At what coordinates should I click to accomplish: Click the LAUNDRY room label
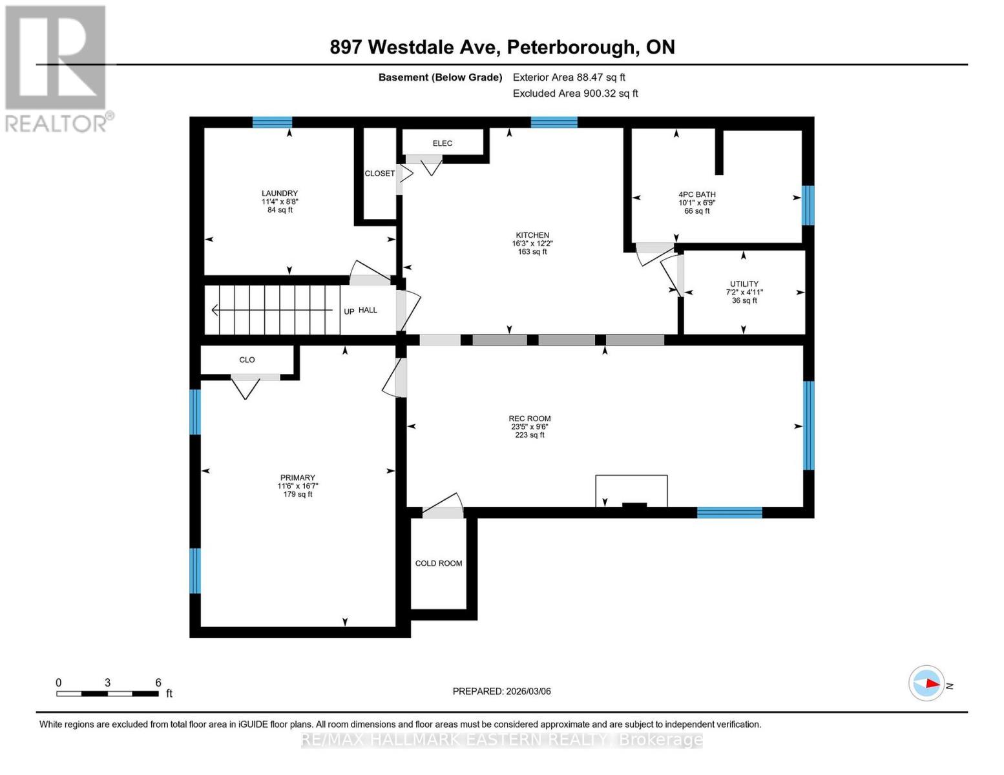279,193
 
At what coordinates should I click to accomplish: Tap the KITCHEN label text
532,235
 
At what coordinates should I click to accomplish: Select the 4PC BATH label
696,194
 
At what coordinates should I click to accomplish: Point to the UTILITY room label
744,284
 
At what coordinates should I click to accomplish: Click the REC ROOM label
529,418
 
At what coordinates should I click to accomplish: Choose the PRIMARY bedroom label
297,478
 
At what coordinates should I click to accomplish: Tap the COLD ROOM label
438,563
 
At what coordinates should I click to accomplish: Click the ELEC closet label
442,143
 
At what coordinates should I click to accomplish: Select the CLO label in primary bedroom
247,360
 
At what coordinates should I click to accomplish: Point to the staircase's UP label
349,311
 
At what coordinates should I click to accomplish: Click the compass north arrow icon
927,683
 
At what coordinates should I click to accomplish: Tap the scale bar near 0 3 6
107,694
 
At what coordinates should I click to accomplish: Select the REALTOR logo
56,68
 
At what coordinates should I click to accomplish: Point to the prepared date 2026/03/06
501,691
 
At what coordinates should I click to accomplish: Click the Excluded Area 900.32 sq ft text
575,94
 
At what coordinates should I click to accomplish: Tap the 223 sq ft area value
529,435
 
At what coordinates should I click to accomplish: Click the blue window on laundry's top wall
272,122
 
